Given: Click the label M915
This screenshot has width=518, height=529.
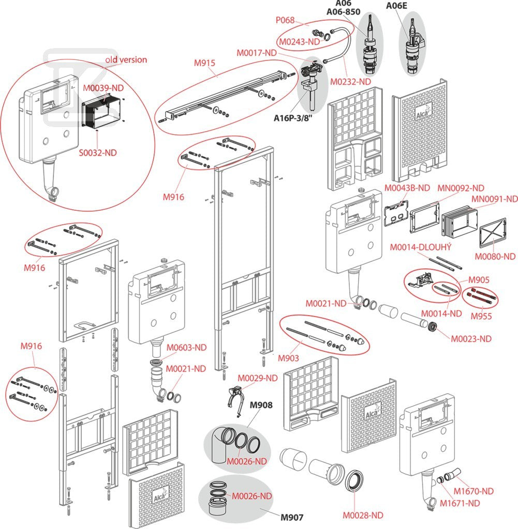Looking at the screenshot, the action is (204, 63).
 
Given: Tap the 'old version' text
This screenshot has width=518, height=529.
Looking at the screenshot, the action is (126, 60).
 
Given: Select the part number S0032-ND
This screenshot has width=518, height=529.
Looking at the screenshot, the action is (98, 153).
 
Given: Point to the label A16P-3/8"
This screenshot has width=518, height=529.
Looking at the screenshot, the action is (292, 118).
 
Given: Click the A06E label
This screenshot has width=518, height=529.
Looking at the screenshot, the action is (397, 5).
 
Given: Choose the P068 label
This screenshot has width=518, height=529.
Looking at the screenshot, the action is (285, 20).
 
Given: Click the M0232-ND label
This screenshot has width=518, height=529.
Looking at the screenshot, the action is (350, 82).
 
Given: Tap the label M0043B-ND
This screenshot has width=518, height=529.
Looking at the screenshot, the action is (407, 188).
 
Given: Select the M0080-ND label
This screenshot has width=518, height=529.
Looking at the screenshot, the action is (495, 256).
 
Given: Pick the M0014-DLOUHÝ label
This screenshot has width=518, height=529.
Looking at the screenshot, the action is (421, 247).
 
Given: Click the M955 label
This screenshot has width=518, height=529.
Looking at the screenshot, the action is (481, 316).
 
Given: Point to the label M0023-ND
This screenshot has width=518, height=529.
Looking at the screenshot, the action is (471, 339).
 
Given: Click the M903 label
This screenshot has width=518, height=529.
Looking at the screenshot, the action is (288, 358).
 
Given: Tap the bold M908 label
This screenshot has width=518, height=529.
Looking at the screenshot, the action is (261, 405).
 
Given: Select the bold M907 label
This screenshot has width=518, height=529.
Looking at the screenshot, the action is (292, 517).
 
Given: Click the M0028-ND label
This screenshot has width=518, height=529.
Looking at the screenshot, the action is (363, 515).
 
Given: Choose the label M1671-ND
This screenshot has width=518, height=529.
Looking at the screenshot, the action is (460, 503).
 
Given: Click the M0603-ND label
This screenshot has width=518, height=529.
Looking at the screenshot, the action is (186, 348).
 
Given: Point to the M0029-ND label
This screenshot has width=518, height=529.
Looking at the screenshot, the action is (258, 378).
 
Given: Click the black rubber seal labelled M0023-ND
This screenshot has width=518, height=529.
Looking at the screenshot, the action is (432, 326).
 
